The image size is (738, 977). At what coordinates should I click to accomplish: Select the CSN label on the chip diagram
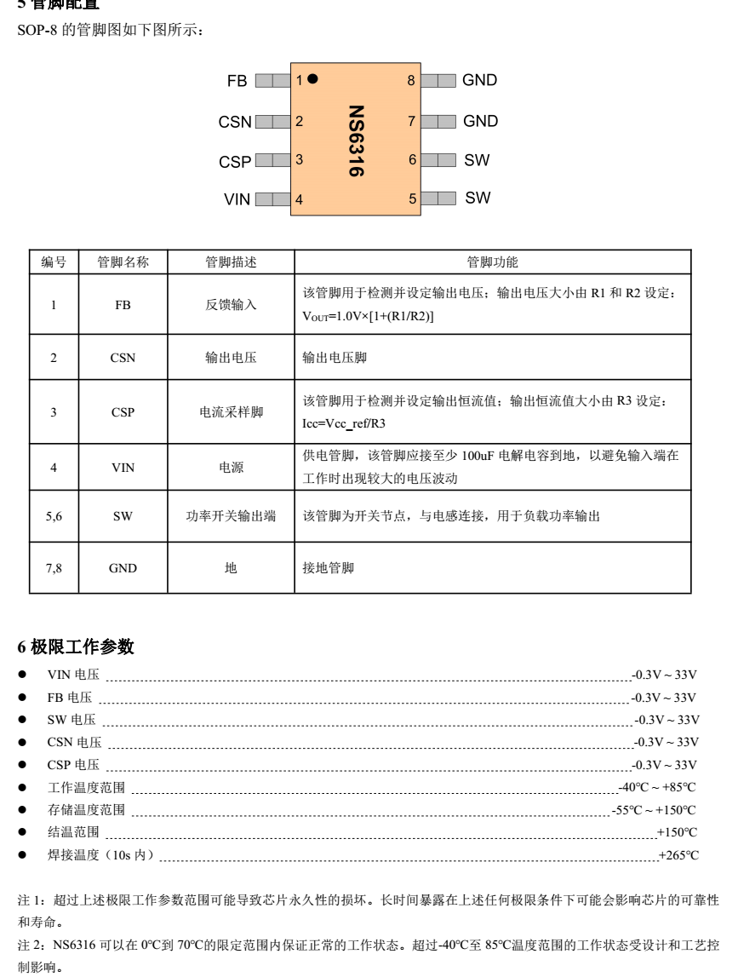(x=234, y=122)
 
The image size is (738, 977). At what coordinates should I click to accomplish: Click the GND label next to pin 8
(x=480, y=81)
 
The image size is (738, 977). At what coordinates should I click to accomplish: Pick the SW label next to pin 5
(x=477, y=198)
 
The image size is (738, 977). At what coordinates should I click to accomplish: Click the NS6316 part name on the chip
(x=357, y=141)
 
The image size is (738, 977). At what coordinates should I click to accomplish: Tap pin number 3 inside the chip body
(x=299, y=158)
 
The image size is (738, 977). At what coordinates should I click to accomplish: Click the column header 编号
(x=54, y=262)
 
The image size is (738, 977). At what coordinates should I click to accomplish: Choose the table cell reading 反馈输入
(x=231, y=305)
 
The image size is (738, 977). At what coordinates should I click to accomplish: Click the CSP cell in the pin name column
(x=123, y=413)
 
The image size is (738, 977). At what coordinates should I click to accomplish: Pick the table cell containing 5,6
(x=54, y=515)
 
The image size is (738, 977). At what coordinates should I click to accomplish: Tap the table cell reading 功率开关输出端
(x=231, y=515)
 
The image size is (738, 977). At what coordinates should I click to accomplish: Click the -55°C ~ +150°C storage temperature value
(x=654, y=809)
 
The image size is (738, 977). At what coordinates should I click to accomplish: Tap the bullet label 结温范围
(x=73, y=832)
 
